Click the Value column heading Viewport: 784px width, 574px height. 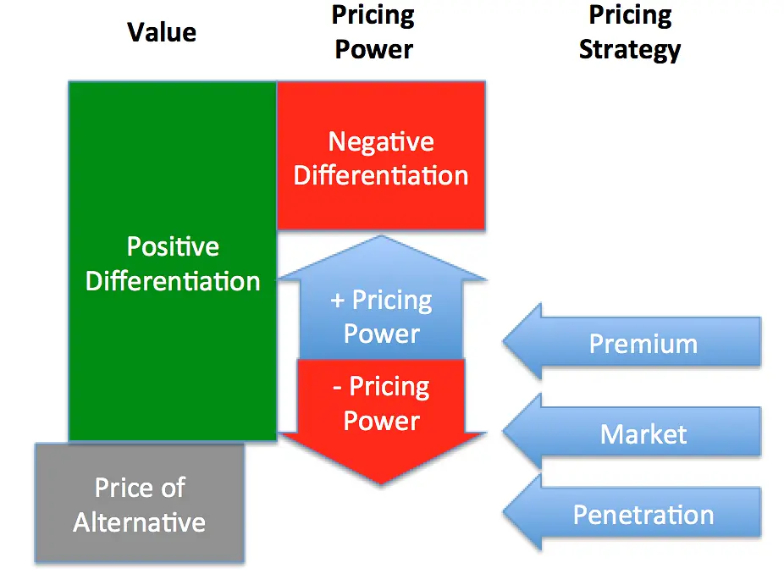pos(162,32)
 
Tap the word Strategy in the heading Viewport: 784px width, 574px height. pos(630,50)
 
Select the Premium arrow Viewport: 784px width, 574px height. pos(632,342)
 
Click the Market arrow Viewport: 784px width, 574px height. pos(632,432)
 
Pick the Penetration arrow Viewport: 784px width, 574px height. pos(632,512)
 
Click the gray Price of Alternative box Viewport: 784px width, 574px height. pos(140,503)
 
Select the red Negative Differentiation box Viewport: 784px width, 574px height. pos(381,156)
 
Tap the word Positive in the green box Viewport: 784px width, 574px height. pos(173,247)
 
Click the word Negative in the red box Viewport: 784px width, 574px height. pos(381,142)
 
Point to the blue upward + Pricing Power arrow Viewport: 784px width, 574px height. pos(382,297)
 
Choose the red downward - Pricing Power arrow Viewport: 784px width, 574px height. pos(382,421)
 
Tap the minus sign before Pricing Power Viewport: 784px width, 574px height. pos(338,388)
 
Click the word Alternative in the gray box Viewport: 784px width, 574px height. pos(140,522)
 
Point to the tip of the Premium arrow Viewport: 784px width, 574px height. pos(503,341)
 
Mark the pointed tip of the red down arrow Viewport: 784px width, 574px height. pos(381,484)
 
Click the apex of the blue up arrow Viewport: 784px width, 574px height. pos(382,236)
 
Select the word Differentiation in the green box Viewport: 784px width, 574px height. pos(173,281)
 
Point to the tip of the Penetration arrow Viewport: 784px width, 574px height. pos(503,512)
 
